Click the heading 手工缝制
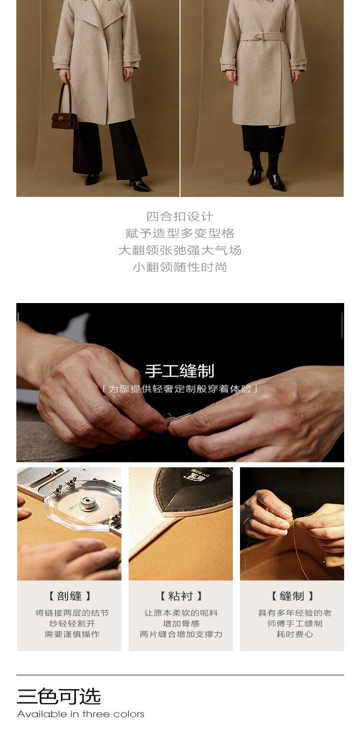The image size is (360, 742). tap(180, 371)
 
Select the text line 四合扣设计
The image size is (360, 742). tap(180, 217)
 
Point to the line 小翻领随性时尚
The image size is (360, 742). tap(180, 267)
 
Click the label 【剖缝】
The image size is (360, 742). tap(70, 596)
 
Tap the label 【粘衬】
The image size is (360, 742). tap(181, 596)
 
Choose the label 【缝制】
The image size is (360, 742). tap(292, 596)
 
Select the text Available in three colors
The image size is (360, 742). tap(81, 714)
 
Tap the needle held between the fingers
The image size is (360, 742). tap(179, 417)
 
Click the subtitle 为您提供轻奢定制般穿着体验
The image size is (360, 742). tap(180, 389)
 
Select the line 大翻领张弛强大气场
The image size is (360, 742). tap(180, 250)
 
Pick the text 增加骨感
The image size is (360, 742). tap(181, 623)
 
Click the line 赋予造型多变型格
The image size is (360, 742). tap(180, 233)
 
